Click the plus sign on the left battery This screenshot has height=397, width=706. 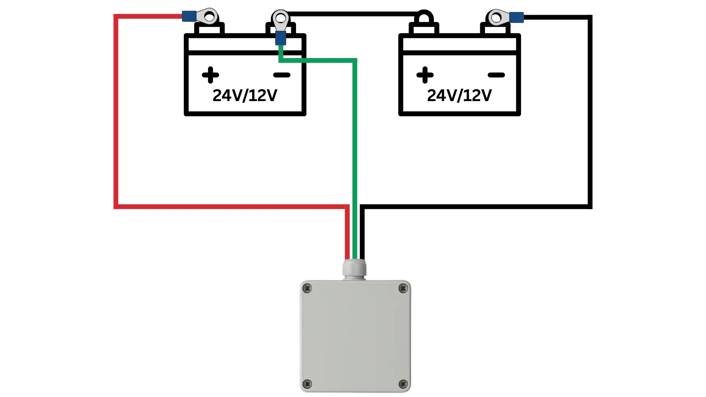[x=210, y=75]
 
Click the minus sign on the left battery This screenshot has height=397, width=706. [x=282, y=75]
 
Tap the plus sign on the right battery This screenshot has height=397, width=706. [x=425, y=75]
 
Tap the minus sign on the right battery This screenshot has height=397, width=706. [x=496, y=75]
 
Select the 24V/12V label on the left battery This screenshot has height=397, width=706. [x=245, y=96]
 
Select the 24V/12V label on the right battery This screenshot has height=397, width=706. [x=459, y=96]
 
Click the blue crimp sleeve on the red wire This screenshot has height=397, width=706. [x=189, y=16]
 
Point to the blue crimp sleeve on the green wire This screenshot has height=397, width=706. [x=281, y=38]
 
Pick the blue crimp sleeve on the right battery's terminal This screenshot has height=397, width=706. [x=516, y=17]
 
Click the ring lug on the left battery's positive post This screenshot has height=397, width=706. [x=208, y=17]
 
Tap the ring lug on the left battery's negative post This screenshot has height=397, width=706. [x=281, y=19]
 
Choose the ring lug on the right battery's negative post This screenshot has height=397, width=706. [x=497, y=17]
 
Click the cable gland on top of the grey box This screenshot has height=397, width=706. [x=354, y=268]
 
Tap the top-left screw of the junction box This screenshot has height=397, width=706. [x=307, y=289]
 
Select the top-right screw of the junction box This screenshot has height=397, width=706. [x=403, y=289]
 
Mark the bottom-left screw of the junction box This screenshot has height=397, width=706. [x=307, y=384]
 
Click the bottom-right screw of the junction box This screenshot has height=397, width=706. [x=403, y=384]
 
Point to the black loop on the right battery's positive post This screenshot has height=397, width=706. [x=424, y=17]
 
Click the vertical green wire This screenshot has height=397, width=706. [x=355, y=147]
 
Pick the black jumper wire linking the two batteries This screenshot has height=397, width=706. [x=353, y=14]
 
